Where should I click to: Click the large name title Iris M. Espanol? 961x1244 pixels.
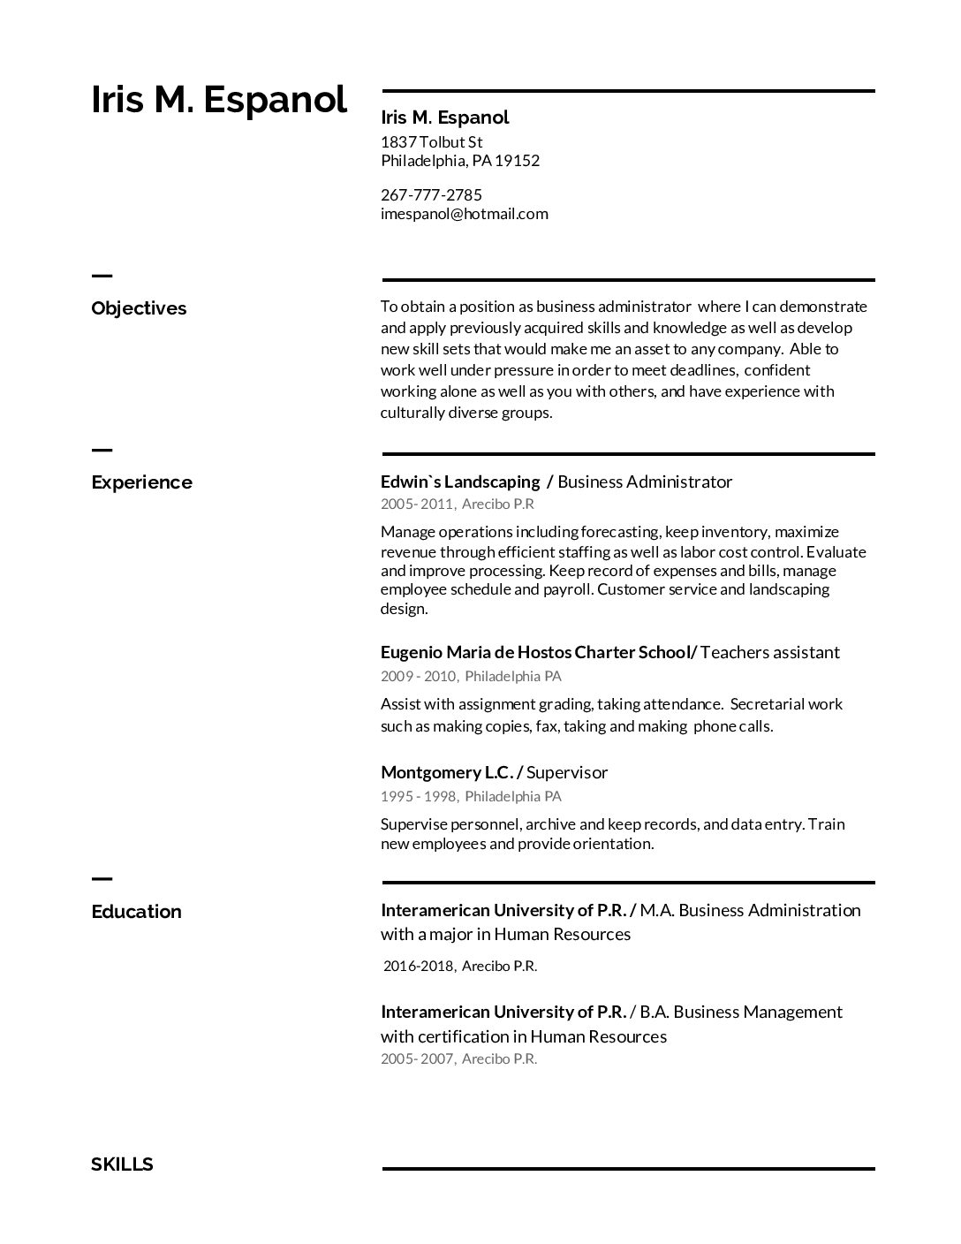pyautogui.click(x=219, y=100)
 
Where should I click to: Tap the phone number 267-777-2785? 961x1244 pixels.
pyautogui.click(x=431, y=194)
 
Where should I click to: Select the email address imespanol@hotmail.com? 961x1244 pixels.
pyautogui.click(x=464, y=214)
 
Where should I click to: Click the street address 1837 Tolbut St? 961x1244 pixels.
pyautogui.click(x=431, y=142)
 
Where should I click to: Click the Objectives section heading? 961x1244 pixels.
pyautogui.click(x=139, y=308)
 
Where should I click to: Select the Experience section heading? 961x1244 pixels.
pyautogui.click(x=141, y=482)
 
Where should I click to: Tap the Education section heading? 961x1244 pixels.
pyautogui.click(x=136, y=912)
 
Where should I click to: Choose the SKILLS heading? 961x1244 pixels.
pyautogui.click(x=122, y=1164)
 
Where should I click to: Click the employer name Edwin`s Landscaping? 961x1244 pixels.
pyautogui.click(x=459, y=482)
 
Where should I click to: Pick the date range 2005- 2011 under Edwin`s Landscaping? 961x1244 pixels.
pyautogui.click(x=418, y=504)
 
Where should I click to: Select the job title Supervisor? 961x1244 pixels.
pyautogui.click(x=567, y=772)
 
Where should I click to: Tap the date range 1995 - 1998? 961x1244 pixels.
pyautogui.click(x=418, y=796)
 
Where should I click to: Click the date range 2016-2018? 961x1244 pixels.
pyautogui.click(x=419, y=966)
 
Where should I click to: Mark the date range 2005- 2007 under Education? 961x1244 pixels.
pyautogui.click(x=418, y=1058)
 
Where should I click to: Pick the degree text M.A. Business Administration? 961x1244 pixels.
pyautogui.click(x=750, y=910)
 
